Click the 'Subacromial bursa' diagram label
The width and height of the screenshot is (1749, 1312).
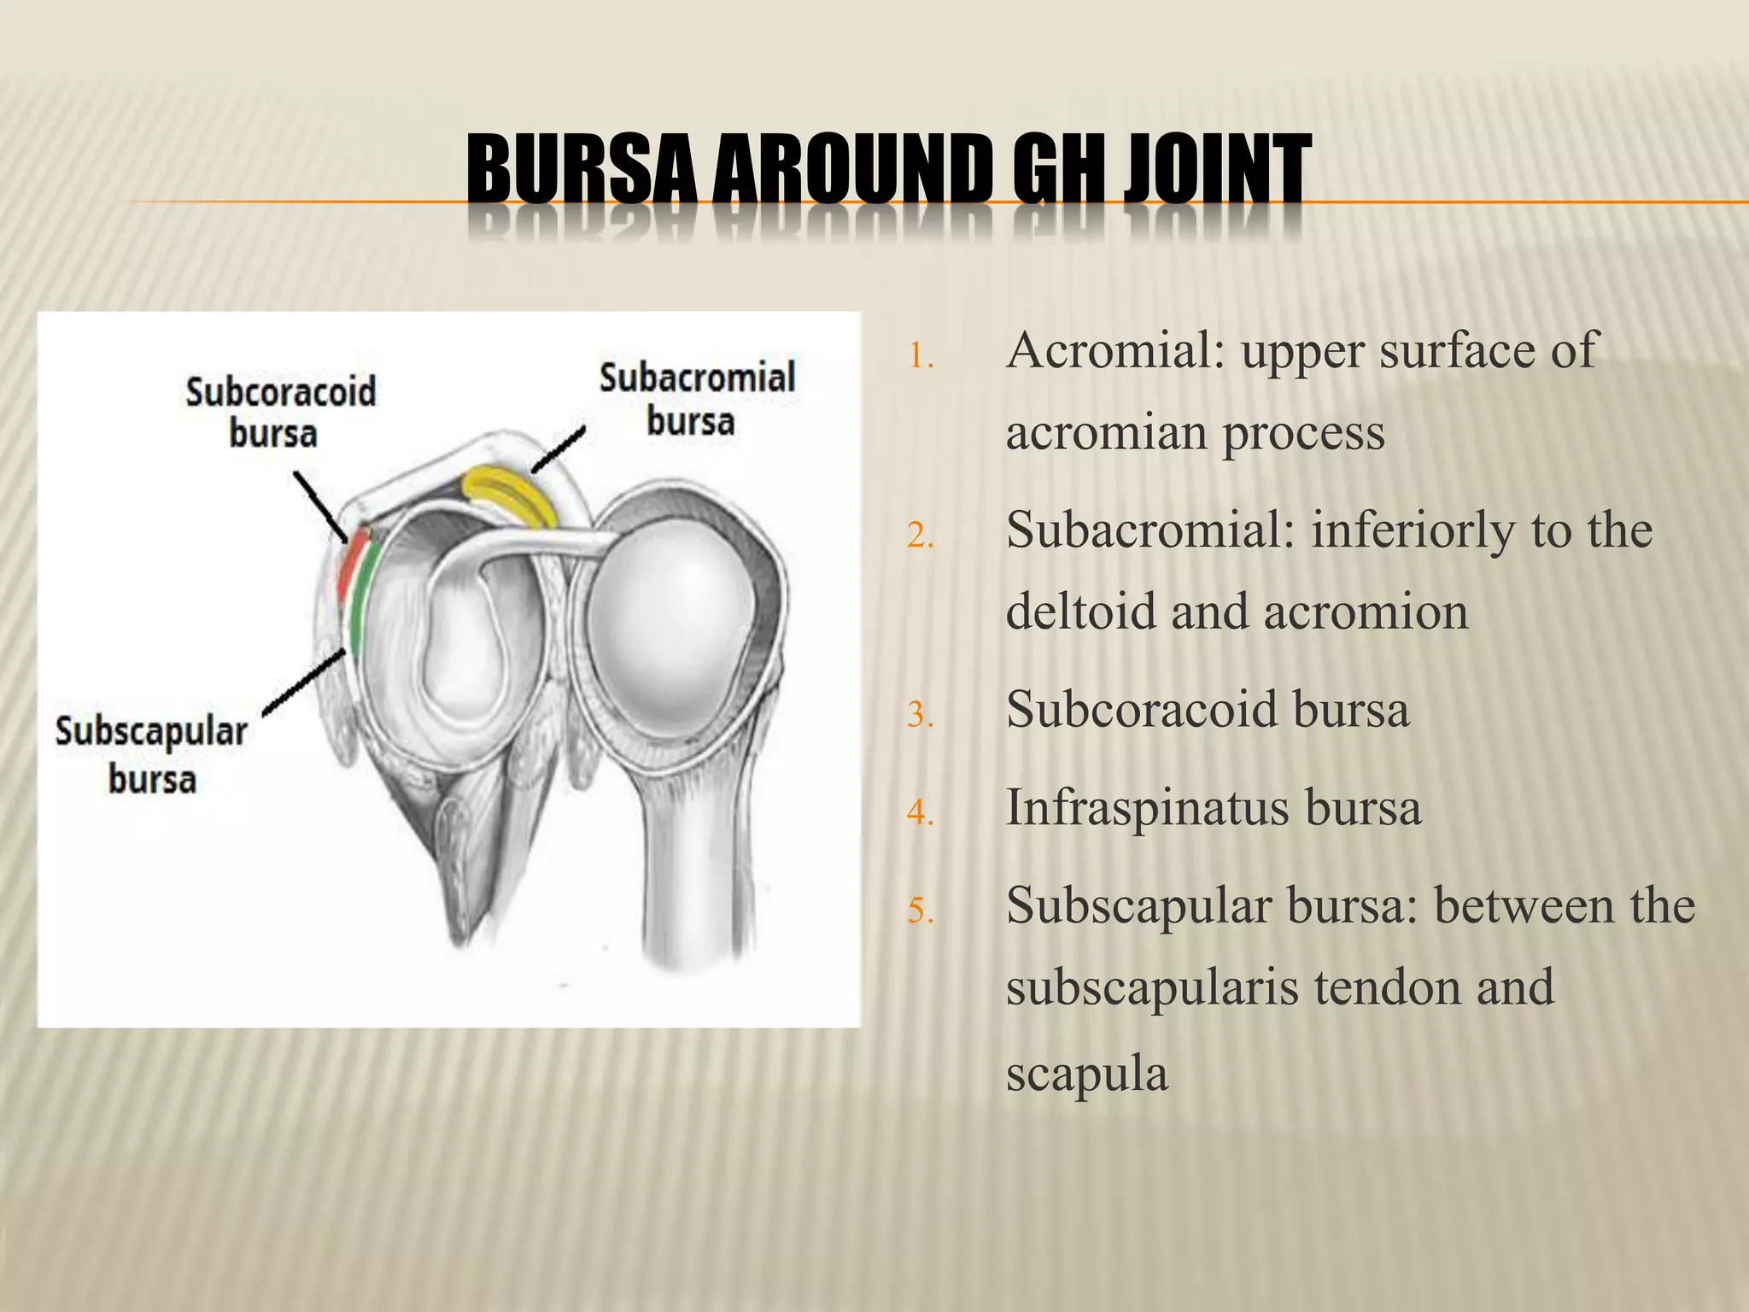[696, 399]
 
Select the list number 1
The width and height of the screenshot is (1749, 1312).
[921, 356]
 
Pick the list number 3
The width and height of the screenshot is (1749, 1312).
[921, 715]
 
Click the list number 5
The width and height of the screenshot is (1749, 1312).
[921, 911]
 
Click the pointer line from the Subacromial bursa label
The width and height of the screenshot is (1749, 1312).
[557, 449]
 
